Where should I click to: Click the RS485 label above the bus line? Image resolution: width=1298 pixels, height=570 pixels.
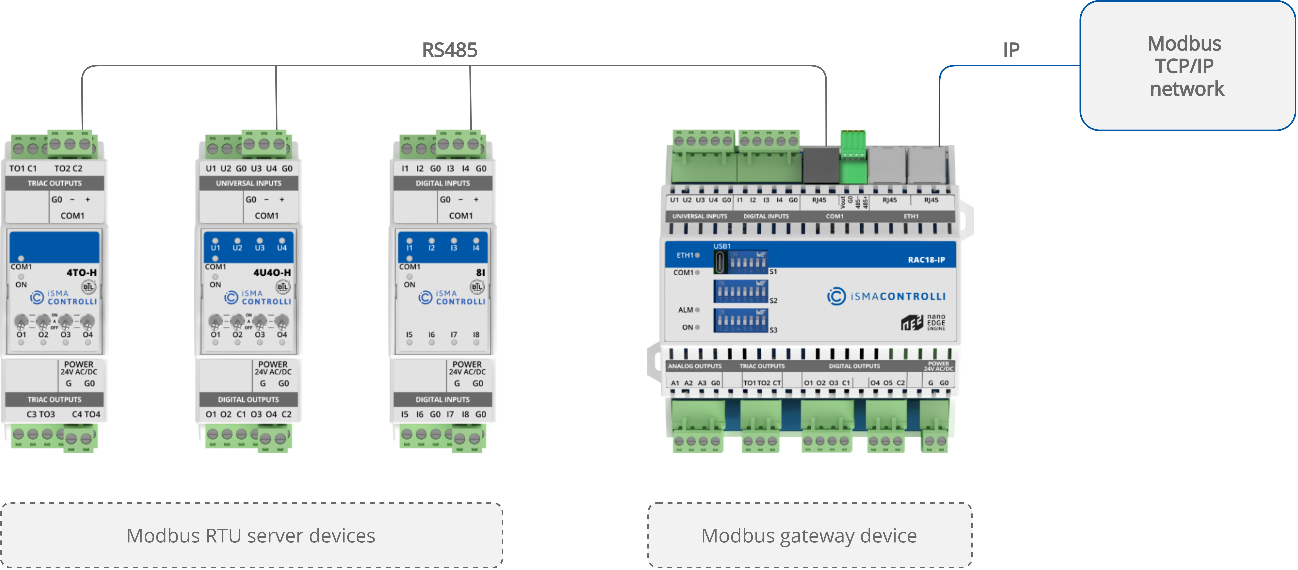point(449,50)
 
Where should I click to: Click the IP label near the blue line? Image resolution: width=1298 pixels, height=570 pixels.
point(1011,50)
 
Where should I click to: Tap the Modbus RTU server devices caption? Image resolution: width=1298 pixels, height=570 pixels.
point(251,535)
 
